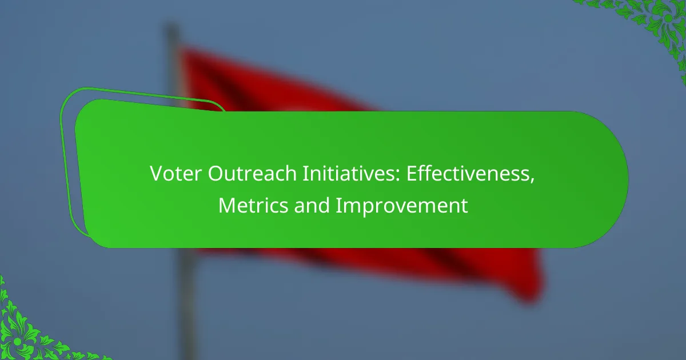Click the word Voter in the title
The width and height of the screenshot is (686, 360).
click(176, 174)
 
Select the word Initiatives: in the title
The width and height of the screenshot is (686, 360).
click(351, 174)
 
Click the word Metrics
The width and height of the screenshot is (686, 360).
click(253, 205)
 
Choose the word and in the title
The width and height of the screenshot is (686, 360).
click(312, 205)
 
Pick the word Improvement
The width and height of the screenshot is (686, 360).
click(402, 206)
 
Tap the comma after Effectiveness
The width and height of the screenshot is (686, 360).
click(532, 181)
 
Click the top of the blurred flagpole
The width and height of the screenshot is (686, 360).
click(172, 27)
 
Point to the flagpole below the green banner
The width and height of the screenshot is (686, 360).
click(188, 303)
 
